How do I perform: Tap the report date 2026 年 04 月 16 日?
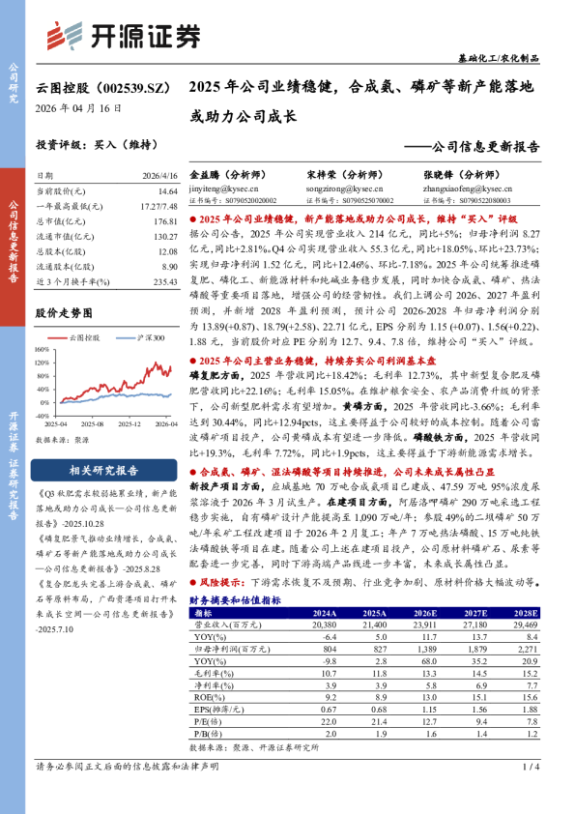pos(80,109)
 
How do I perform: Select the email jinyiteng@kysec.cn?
pos(219,189)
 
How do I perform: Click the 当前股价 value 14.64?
pos(167,192)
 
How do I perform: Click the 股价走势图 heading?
pos(64,313)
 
